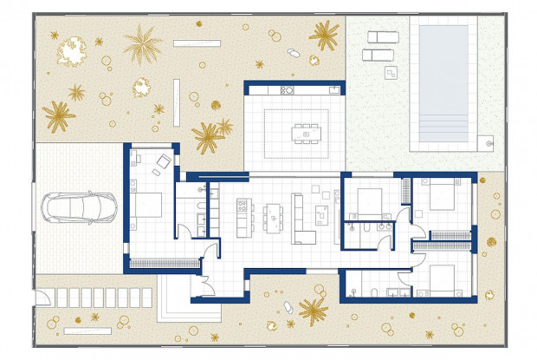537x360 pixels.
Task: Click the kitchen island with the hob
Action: [x=243, y=217]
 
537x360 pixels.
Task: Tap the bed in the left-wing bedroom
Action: [x=148, y=206]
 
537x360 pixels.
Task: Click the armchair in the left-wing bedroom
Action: [x=163, y=162]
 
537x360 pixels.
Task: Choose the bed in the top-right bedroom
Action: [x=443, y=196]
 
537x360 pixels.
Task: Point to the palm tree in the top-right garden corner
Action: [x=324, y=35]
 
